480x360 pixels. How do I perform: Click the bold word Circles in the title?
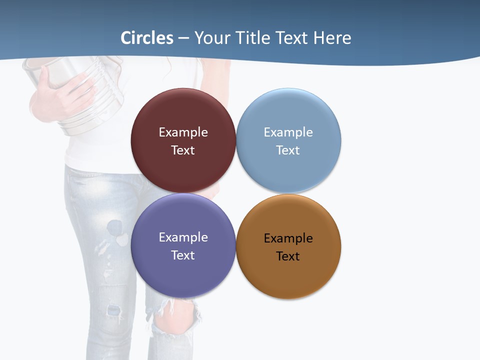pos(147,38)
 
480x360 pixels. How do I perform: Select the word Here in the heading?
pos(332,38)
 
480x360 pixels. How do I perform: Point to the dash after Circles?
pos(183,38)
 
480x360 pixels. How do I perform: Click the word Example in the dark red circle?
pos(183,132)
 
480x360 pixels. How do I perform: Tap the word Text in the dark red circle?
pos(183,150)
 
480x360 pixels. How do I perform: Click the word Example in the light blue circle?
pos(288,132)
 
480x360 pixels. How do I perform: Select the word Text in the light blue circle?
pos(288,150)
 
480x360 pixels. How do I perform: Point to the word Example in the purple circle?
pos(183,237)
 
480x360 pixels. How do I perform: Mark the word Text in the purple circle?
pos(183,255)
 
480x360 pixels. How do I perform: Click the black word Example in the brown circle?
pos(288,238)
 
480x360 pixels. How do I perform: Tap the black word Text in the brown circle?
pos(288,256)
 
